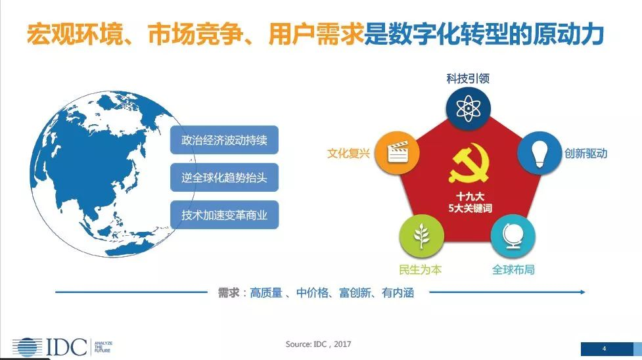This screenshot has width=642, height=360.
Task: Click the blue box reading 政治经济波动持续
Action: point(224,140)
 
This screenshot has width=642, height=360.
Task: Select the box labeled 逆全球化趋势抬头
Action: point(224,177)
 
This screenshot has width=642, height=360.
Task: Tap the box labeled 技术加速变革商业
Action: point(224,215)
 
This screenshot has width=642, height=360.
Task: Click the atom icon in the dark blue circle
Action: point(468,108)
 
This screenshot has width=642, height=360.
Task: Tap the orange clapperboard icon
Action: point(398,152)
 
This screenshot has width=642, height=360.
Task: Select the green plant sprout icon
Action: point(421,236)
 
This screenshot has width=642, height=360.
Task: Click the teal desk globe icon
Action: point(512,236)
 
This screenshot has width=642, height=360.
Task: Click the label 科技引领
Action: point(468,78)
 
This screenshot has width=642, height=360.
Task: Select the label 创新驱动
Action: point(585,153)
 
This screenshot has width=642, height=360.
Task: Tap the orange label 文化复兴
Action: point(348,153)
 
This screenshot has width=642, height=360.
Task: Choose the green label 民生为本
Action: point(421,269)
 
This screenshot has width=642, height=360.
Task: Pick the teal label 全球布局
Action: point(513,269)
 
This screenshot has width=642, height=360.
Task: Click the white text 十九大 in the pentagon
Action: point(470,196)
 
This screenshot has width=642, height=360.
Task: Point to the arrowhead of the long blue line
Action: point(582,292)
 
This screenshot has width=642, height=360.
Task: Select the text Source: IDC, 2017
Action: point(318,344)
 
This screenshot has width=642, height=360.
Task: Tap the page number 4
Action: point(605,349)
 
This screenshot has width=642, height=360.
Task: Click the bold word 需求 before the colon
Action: point(229,292)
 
